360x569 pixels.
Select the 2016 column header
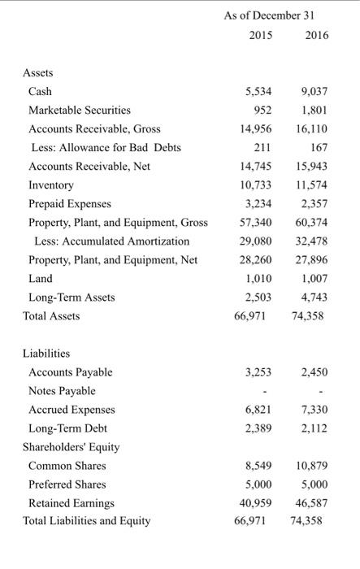coord(311,36)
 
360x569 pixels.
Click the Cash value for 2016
coord(314,91)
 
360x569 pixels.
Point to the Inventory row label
coord(50,185)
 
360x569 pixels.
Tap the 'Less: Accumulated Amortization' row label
coord(111,241)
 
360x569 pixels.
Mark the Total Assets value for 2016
coord(307,315)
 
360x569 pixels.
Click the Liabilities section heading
coord(46,354)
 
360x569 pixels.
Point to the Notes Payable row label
coord(62,391)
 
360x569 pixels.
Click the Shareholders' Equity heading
coord(72,447)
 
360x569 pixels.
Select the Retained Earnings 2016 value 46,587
coord(309,503)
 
